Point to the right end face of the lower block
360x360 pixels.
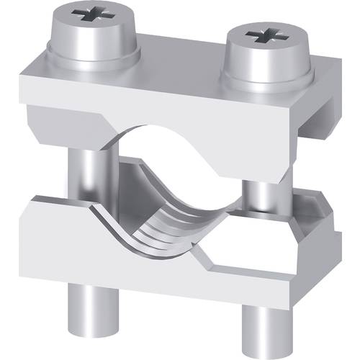click(328, 238)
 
